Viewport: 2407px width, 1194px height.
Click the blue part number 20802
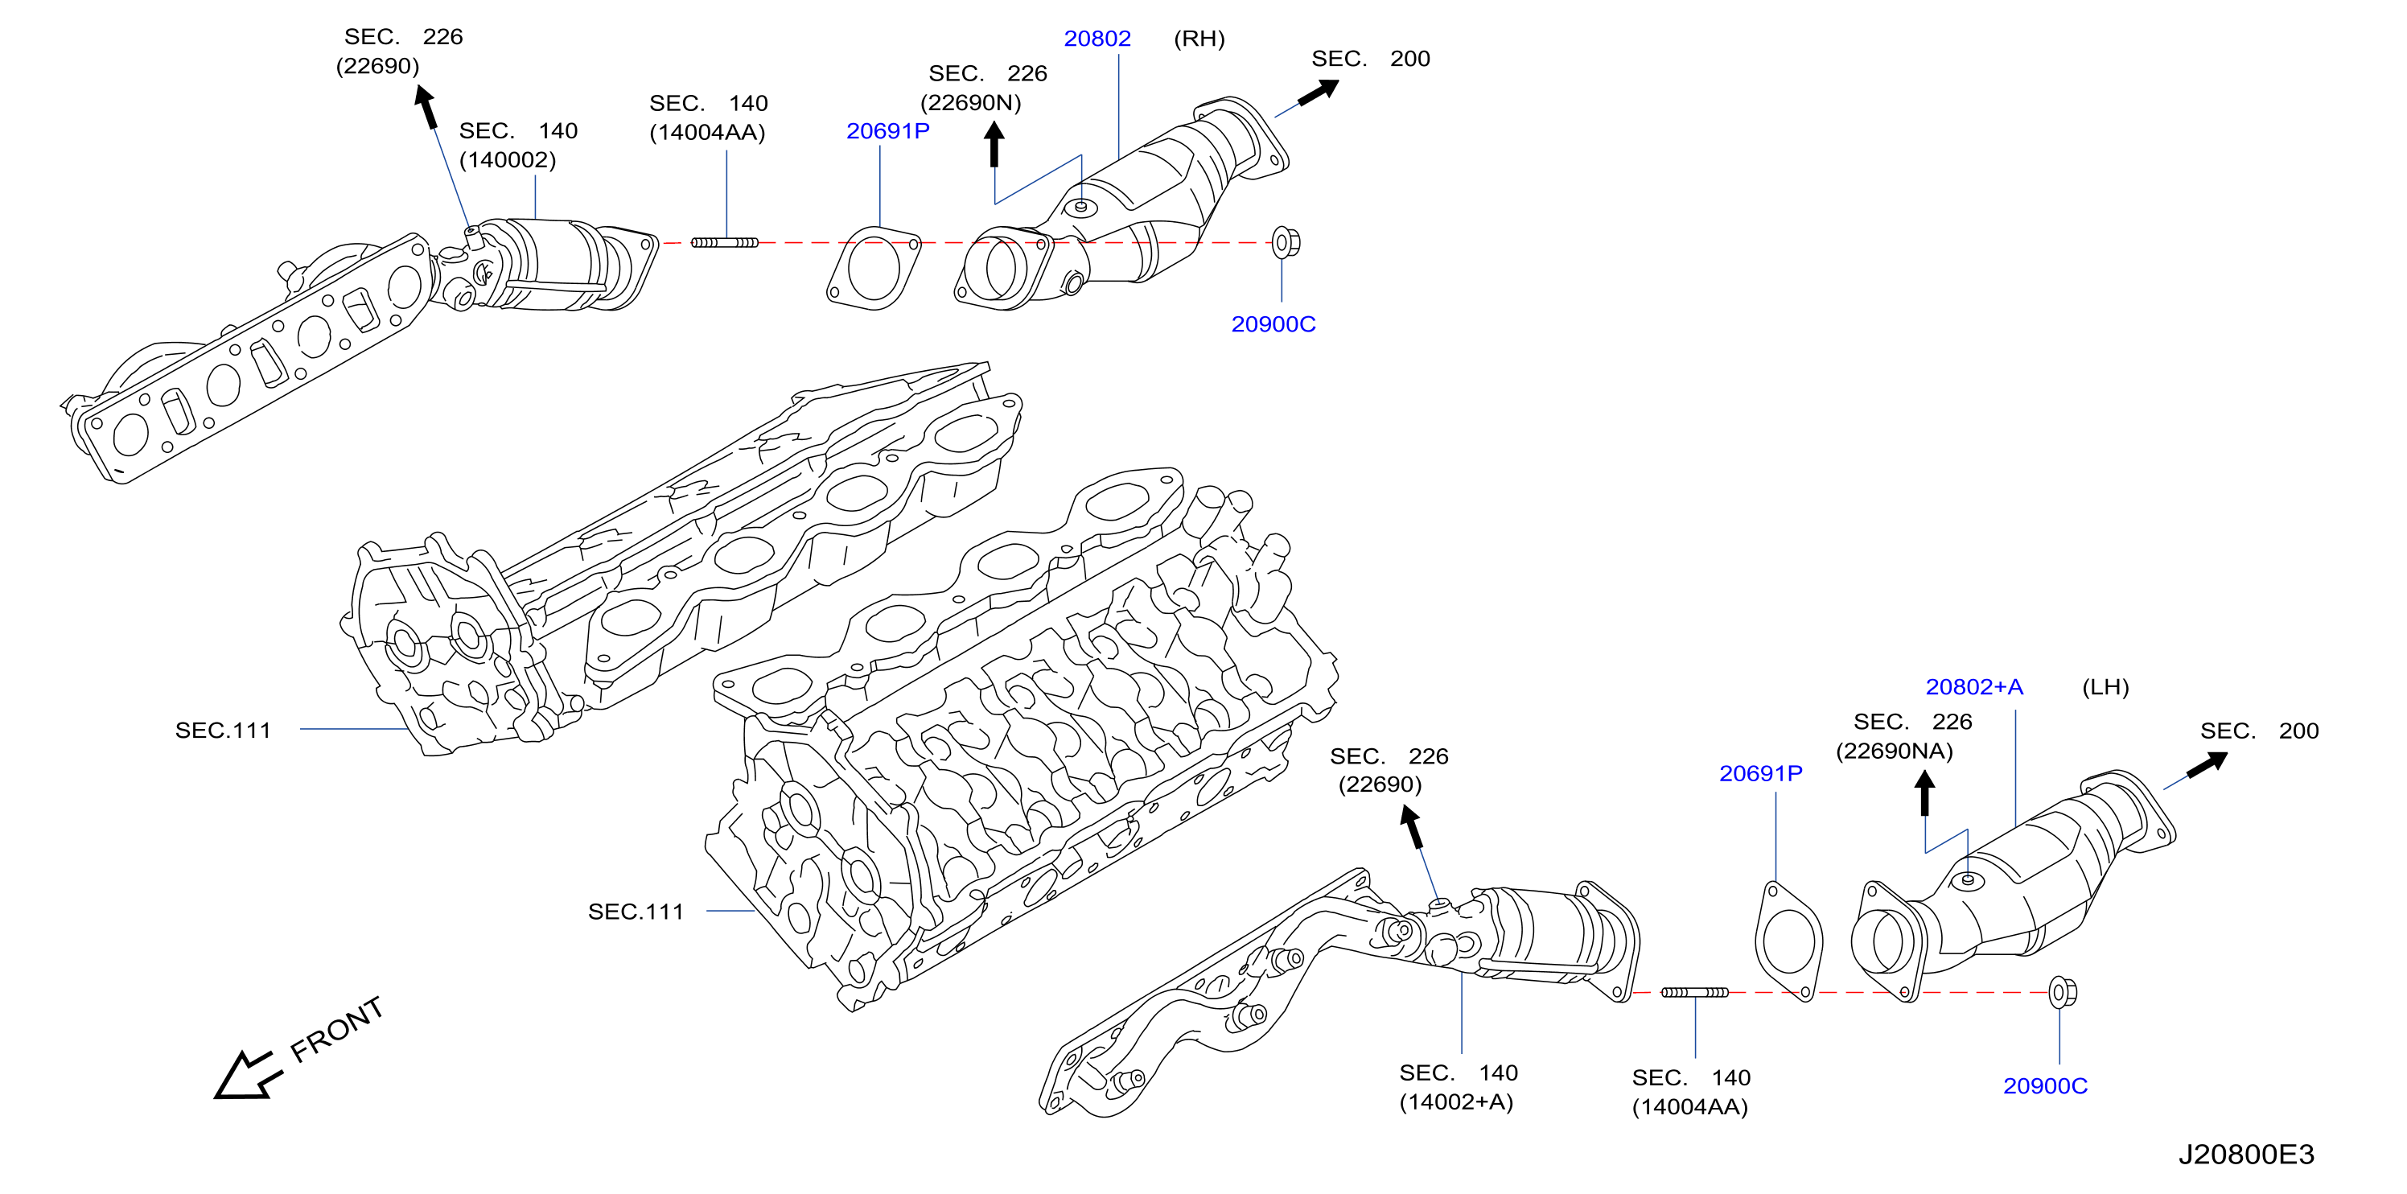[x=1097, y=39]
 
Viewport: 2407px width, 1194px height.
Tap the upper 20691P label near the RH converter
[x=887, y=131]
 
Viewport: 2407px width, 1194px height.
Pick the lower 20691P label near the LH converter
[x=1760, y=773]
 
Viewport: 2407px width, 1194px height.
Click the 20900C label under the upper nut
[x=1273, y=324]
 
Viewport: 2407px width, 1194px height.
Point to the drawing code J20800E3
[x=2246, y=1155]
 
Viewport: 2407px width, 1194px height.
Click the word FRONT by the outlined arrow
[x=336, y=1030]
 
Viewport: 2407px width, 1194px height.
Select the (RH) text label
[x=1199, y=39]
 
